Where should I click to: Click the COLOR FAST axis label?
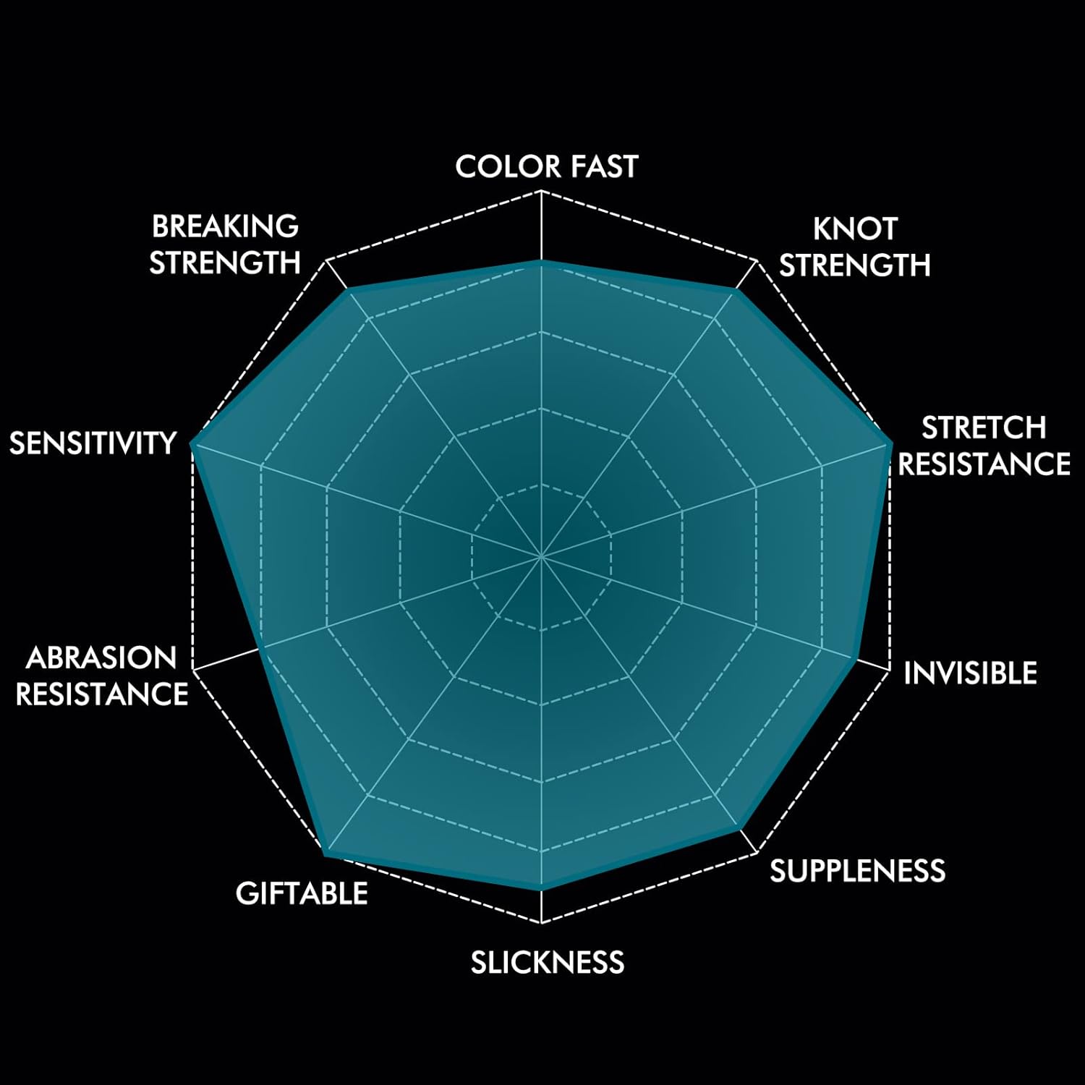547,166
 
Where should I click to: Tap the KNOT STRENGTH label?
854,247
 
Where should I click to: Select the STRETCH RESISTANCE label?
984,446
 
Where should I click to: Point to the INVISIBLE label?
970,673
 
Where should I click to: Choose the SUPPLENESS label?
857,871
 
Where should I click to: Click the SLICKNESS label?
548,963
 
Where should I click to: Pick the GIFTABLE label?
302,893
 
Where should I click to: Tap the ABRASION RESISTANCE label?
102,676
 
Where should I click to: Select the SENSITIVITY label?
93,443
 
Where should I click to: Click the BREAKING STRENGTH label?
225,244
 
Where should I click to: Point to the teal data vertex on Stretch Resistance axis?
890,443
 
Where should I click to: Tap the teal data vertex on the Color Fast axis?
541,261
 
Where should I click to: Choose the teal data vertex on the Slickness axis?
541,888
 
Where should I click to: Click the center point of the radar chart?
541,557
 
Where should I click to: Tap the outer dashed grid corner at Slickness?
541,924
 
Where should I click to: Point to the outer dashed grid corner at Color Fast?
541,190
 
